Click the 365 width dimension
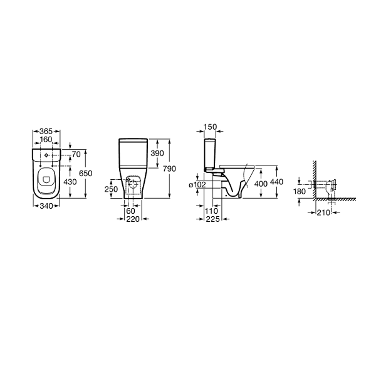[46, 132]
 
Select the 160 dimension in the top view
[46, 139]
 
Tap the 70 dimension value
[76, 155]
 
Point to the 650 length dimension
[86, 173]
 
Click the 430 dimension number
[70, 182]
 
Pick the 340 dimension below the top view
[46, 206]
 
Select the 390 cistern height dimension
[157, 154]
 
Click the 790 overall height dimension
[170, 169]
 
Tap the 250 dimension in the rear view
[111, 189]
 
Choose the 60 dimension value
[131, 211]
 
